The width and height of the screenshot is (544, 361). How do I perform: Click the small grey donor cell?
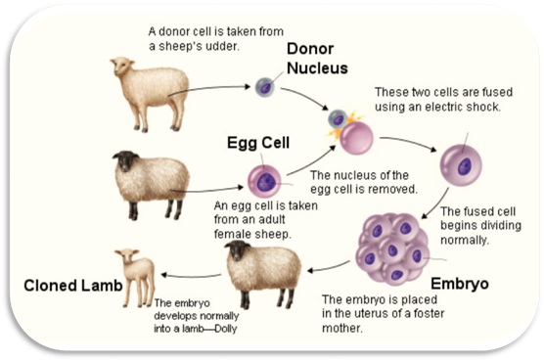265,87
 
